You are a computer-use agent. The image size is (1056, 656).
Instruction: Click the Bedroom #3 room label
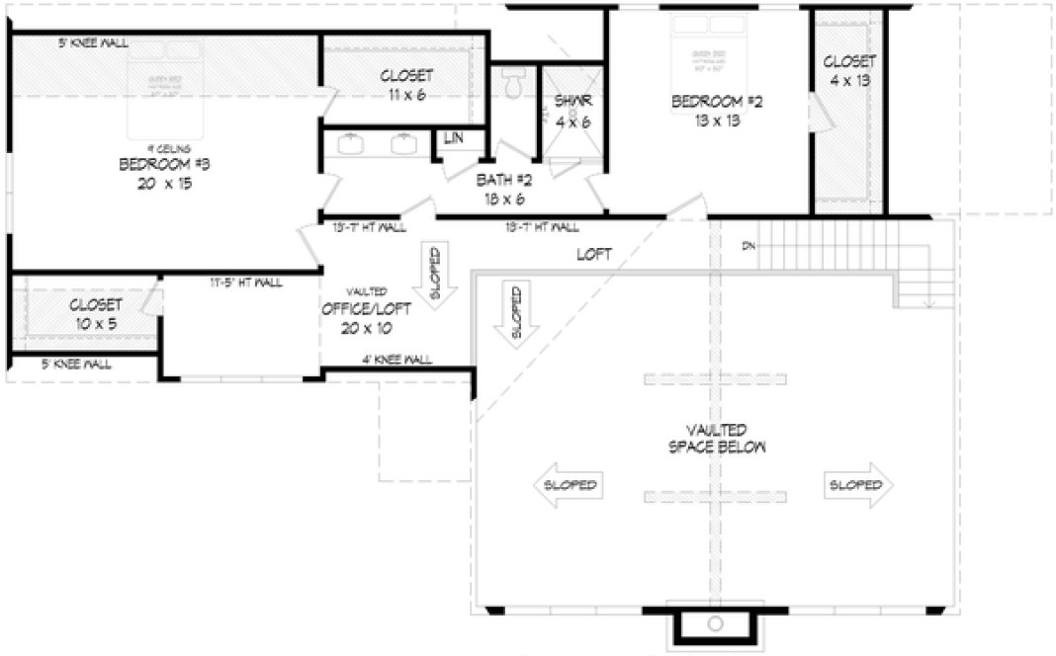[x=166, y=172]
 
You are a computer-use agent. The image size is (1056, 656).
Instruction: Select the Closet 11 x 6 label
[x=406, y=84]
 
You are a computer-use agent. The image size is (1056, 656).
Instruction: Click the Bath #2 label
[x=504, y=189]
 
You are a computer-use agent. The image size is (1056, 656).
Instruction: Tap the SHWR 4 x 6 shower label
[x=572, y=111]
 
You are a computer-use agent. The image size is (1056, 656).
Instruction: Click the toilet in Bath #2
[x=511, y=87]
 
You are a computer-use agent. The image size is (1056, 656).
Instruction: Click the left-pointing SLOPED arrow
[x=569, y=485]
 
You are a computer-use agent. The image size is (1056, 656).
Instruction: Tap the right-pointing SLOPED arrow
[x=859, y=485]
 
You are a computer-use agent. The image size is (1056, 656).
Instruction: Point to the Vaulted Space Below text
[x=717, y=438]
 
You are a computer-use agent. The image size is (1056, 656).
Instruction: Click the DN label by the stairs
[x=747, y=245]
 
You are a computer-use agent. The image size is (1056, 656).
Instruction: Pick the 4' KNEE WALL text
[x=396, y=361]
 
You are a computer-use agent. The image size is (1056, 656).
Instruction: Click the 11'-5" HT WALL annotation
[x=245, y=283]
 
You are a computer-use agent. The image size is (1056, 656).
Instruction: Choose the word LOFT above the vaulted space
[x=594, y=254]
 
